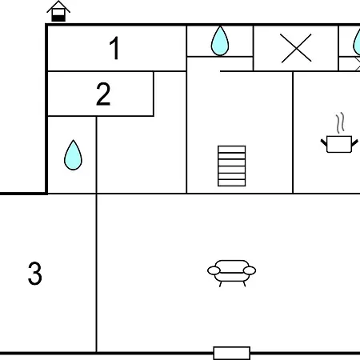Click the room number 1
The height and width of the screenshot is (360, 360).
[x=114, y=48]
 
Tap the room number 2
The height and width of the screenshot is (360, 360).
[x=103, y=94]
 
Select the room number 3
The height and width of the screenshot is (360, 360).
[x=35, y=274]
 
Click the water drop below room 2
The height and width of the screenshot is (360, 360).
[x=73, y=155]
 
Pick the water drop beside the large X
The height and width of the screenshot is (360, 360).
[x=220, y=41]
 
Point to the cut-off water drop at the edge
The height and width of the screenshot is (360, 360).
[x=357, y=42]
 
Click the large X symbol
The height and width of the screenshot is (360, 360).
[x=296, y=48]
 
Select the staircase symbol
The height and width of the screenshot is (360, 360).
[x=231, y=166]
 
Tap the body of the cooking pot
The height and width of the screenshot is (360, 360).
[x=339, y=144]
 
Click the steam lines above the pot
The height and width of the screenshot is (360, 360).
[x=340, y=123]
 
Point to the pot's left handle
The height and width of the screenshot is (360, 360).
[x=324, y=142]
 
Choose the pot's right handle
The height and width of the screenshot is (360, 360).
[x=354, y=142]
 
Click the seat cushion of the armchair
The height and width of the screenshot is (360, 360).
[x=231, y=277]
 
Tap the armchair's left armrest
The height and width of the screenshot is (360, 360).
[x=214, y=270]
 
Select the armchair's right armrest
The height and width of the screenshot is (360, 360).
[x=250, y=270]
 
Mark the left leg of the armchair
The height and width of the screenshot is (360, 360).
[x=220, y=284]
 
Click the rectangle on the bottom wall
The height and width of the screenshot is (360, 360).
[x=232, y=354]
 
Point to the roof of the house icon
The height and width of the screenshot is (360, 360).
[x=58, y=6]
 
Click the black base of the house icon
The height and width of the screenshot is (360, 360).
[x=58, y=18]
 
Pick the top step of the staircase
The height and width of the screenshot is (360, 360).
[x=231, y=149]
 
